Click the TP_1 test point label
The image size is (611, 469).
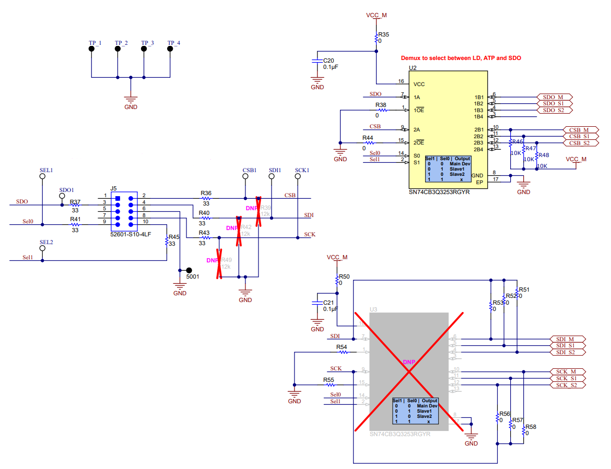[95, 43]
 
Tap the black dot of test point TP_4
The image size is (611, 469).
[170, 49]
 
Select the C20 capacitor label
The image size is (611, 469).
[328, 61]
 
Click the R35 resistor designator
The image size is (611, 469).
[384, 34]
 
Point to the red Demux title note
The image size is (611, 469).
[461, 58]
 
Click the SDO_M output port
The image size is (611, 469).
[555, 97]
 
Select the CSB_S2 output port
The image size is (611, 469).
[580, 143]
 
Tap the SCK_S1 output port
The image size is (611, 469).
[567, 378]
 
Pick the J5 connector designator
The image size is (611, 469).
[113, 188]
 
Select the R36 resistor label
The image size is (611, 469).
[206, 194]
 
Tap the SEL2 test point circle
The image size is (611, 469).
[43, 249]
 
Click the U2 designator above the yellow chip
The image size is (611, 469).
[413, 68]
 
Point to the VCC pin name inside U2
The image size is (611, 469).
[419, 84]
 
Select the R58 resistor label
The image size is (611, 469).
[531, 427]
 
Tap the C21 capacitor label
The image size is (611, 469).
[328, 303]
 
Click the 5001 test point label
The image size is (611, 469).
[193, 277]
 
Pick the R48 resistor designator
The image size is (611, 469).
[544, 155]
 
